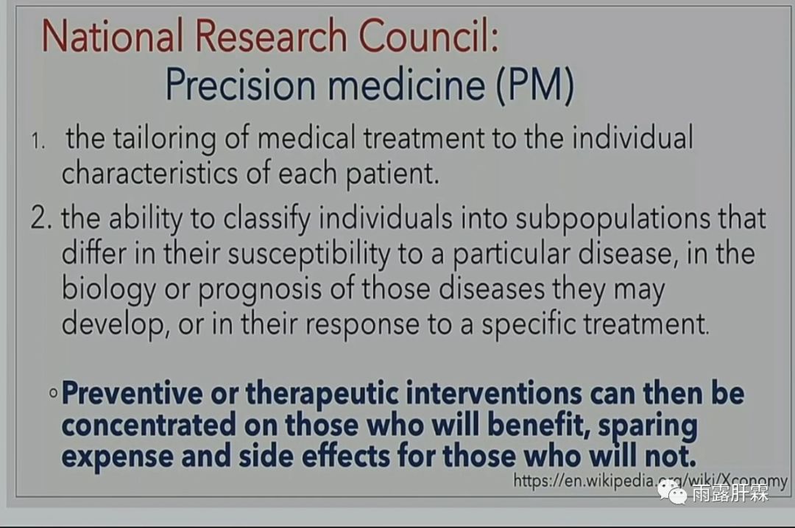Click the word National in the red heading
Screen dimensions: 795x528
[x=112, y=35]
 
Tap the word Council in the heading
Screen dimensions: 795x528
[x=428, y=35]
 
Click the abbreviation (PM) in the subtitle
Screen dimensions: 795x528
[x=535, y=85]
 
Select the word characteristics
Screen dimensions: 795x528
[x=149, y=173]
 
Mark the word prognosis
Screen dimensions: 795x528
[x=260, y=289]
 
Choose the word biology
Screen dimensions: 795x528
[x=108, y=289]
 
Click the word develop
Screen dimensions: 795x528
[x=115, y=324]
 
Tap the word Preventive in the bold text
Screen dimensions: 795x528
[x=132, y=393]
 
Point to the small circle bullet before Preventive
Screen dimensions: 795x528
[x=53, y=393]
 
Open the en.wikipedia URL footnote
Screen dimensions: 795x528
[x=650, y=480]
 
